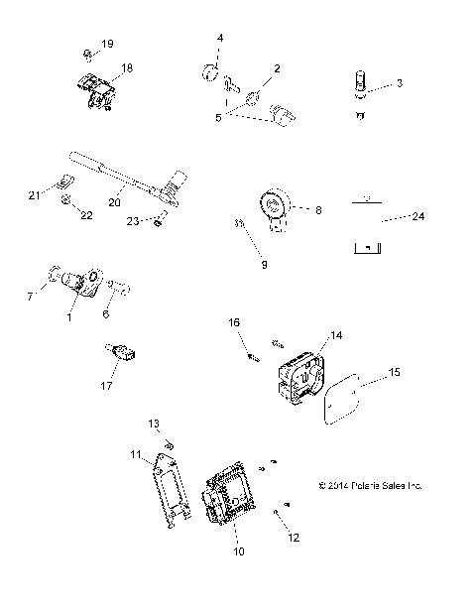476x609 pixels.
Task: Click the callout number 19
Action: [107, 45]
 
